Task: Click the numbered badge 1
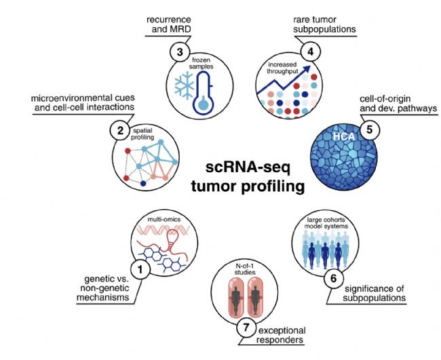coord(141,270)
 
